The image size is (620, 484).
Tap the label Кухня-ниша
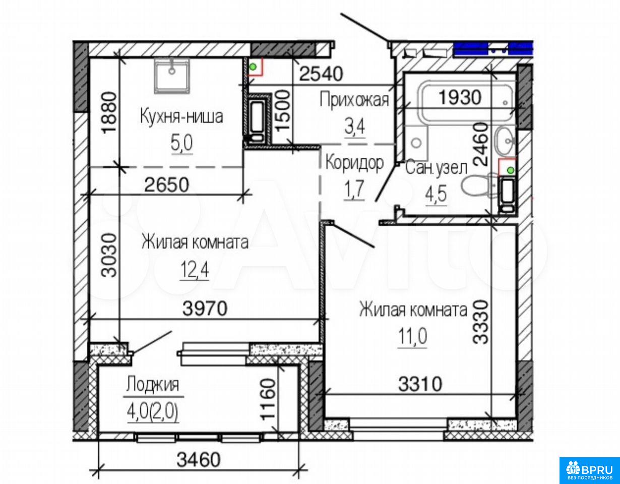(x=181, y=117)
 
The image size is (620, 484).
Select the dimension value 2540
(x=321, y=74)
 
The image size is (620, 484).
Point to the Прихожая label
(x=354, y=100)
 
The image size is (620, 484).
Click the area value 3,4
(x=354, y=127)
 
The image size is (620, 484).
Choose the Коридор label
(x=355, y=163)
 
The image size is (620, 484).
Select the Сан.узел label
(x=436, y=169)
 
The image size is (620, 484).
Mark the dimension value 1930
(x=460, y=97)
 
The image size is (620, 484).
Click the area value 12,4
(x=194, y=270)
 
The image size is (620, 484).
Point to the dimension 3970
(x=205, y=309)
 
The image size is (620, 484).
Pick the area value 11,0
(x=412, y=336)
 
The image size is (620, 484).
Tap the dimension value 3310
(x=420, y=384)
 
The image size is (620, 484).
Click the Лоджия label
(x=153, y=385)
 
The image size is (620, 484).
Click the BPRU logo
(x=589, y=469)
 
